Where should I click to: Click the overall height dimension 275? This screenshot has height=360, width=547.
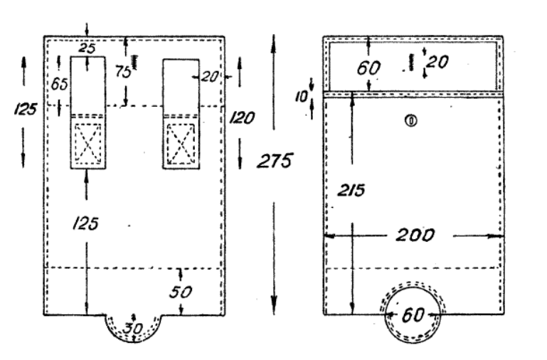pyautogui.click(x=275, y=161)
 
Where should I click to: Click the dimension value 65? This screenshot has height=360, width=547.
pyautogui.click(x=59, y=83)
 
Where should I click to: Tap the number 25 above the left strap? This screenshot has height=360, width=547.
pyautogui.click(x=87, y=48)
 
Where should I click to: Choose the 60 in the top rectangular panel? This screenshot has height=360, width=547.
pyautogui.click(x=368, y=68)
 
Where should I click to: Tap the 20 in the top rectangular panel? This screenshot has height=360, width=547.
pyautogui.click(x=437, y=63)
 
